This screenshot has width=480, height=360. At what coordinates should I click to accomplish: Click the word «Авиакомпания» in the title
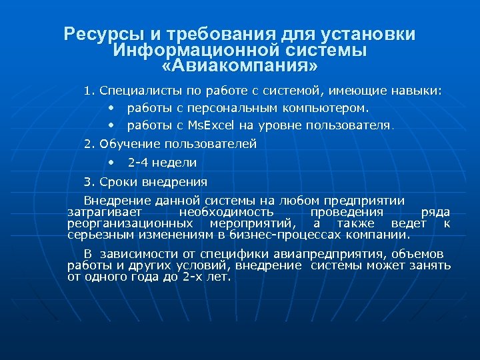pyautogui.click(x=240, y=67)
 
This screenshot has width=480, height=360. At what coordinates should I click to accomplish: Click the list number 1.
pyautogui.click(x=89, y=90)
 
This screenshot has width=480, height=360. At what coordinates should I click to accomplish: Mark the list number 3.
pyautogui.click(x=89, y=181)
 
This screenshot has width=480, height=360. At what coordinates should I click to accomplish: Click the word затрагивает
pyautogui.click(x=99, y=211)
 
